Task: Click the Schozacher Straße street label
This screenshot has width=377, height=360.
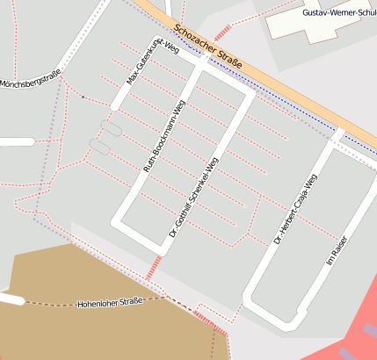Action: (x=208, y=45)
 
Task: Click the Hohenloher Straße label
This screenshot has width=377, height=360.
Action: (x=110, y=302)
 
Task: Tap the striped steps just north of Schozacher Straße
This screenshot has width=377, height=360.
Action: (x=223, y=32)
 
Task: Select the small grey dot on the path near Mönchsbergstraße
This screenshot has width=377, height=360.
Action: (x=83, y=97)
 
